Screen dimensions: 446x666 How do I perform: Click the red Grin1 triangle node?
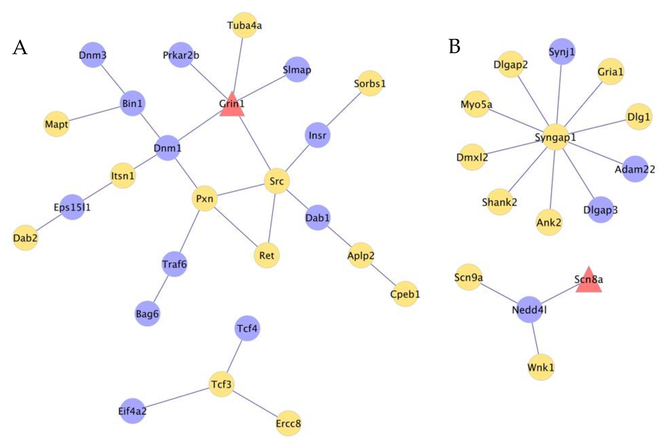232,106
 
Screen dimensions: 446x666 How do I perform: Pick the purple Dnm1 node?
167,148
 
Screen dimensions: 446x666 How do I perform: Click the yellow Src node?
277,181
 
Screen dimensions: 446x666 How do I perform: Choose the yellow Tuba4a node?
245,25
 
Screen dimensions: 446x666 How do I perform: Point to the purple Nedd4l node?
529,310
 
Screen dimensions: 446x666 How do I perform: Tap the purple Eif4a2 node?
132,411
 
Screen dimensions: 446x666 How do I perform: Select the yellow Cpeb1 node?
405,294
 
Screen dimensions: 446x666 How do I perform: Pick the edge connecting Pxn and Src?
241,190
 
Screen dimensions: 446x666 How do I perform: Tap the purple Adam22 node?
635,169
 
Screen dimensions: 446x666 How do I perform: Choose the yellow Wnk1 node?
541,367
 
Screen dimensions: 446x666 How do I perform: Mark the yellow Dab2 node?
25,238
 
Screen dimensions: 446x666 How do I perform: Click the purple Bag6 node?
147,314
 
